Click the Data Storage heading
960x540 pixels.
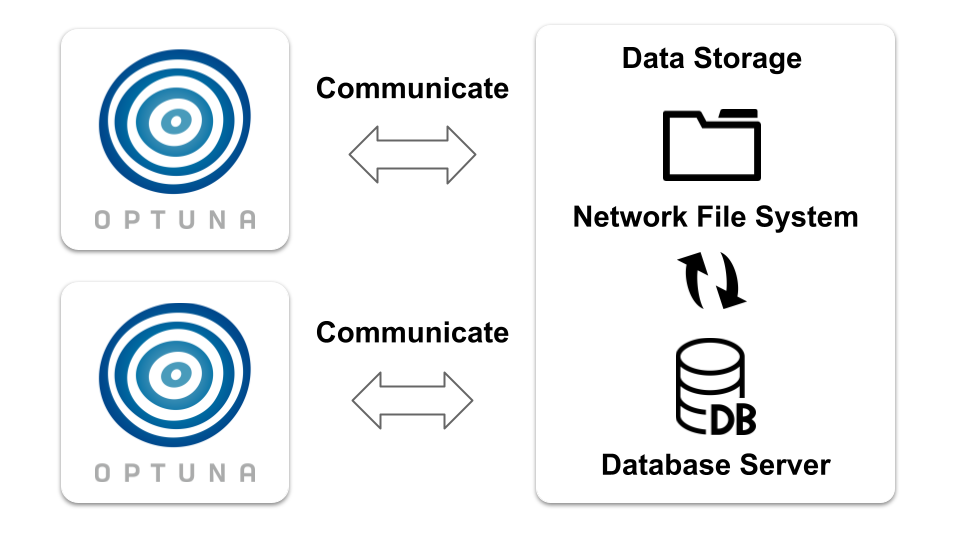pyautogui.click(x=711, y=58)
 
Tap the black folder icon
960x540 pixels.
pyautogui.click(x=711, y=144)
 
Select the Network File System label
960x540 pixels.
pyautogui.click(x=715, y=217)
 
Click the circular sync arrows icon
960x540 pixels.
pyautogui.click(x=711, y=280)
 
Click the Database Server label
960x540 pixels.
pyautogui.click(x=715, y=465)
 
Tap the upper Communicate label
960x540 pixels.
pyautogui.click(x=412, y=88)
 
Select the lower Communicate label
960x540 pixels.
pyautogui.click(x=412, y=332)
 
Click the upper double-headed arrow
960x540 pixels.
pyautogui.click(x=412, y=155)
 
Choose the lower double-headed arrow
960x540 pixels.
pyautogui.click(x=412, y=401)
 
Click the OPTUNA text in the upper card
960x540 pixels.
pyautogui.click(x=175, y=220)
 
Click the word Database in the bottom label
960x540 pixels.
pyautogui.click(x=665, y=465)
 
